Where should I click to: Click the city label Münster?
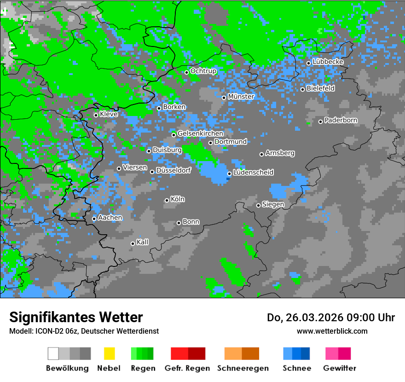click(x=241, y=97)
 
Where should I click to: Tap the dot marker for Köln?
click(x=167, y=200)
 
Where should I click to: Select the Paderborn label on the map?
click(x=341, y=121)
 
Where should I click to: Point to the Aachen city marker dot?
click(x=94, y=219)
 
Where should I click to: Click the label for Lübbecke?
click(x=328, y=62)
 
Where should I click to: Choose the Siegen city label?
click(x=273, y=204)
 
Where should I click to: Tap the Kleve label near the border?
click(x=109, y=114)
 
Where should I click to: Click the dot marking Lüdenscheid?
click(x=229, y=174)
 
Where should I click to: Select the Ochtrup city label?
click(x=203, y=71)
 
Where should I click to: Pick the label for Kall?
click(x=142, y=242)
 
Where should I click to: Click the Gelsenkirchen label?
click(x=200, y=133)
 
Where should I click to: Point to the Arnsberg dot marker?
click(x=261, y=154)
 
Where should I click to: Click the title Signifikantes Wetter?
click(x=76, y=317)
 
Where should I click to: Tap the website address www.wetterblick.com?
click(x=332, y=331)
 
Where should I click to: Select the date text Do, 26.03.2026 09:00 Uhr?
click(x=331, y=318)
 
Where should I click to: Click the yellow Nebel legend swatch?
click(x=109, y=353)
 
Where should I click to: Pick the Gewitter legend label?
click(x=339, y=368)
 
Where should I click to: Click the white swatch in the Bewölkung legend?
click(x=53, y=353)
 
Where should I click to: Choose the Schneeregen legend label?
click(x=243, y=368)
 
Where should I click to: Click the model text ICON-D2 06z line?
click(x=84, y=331)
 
